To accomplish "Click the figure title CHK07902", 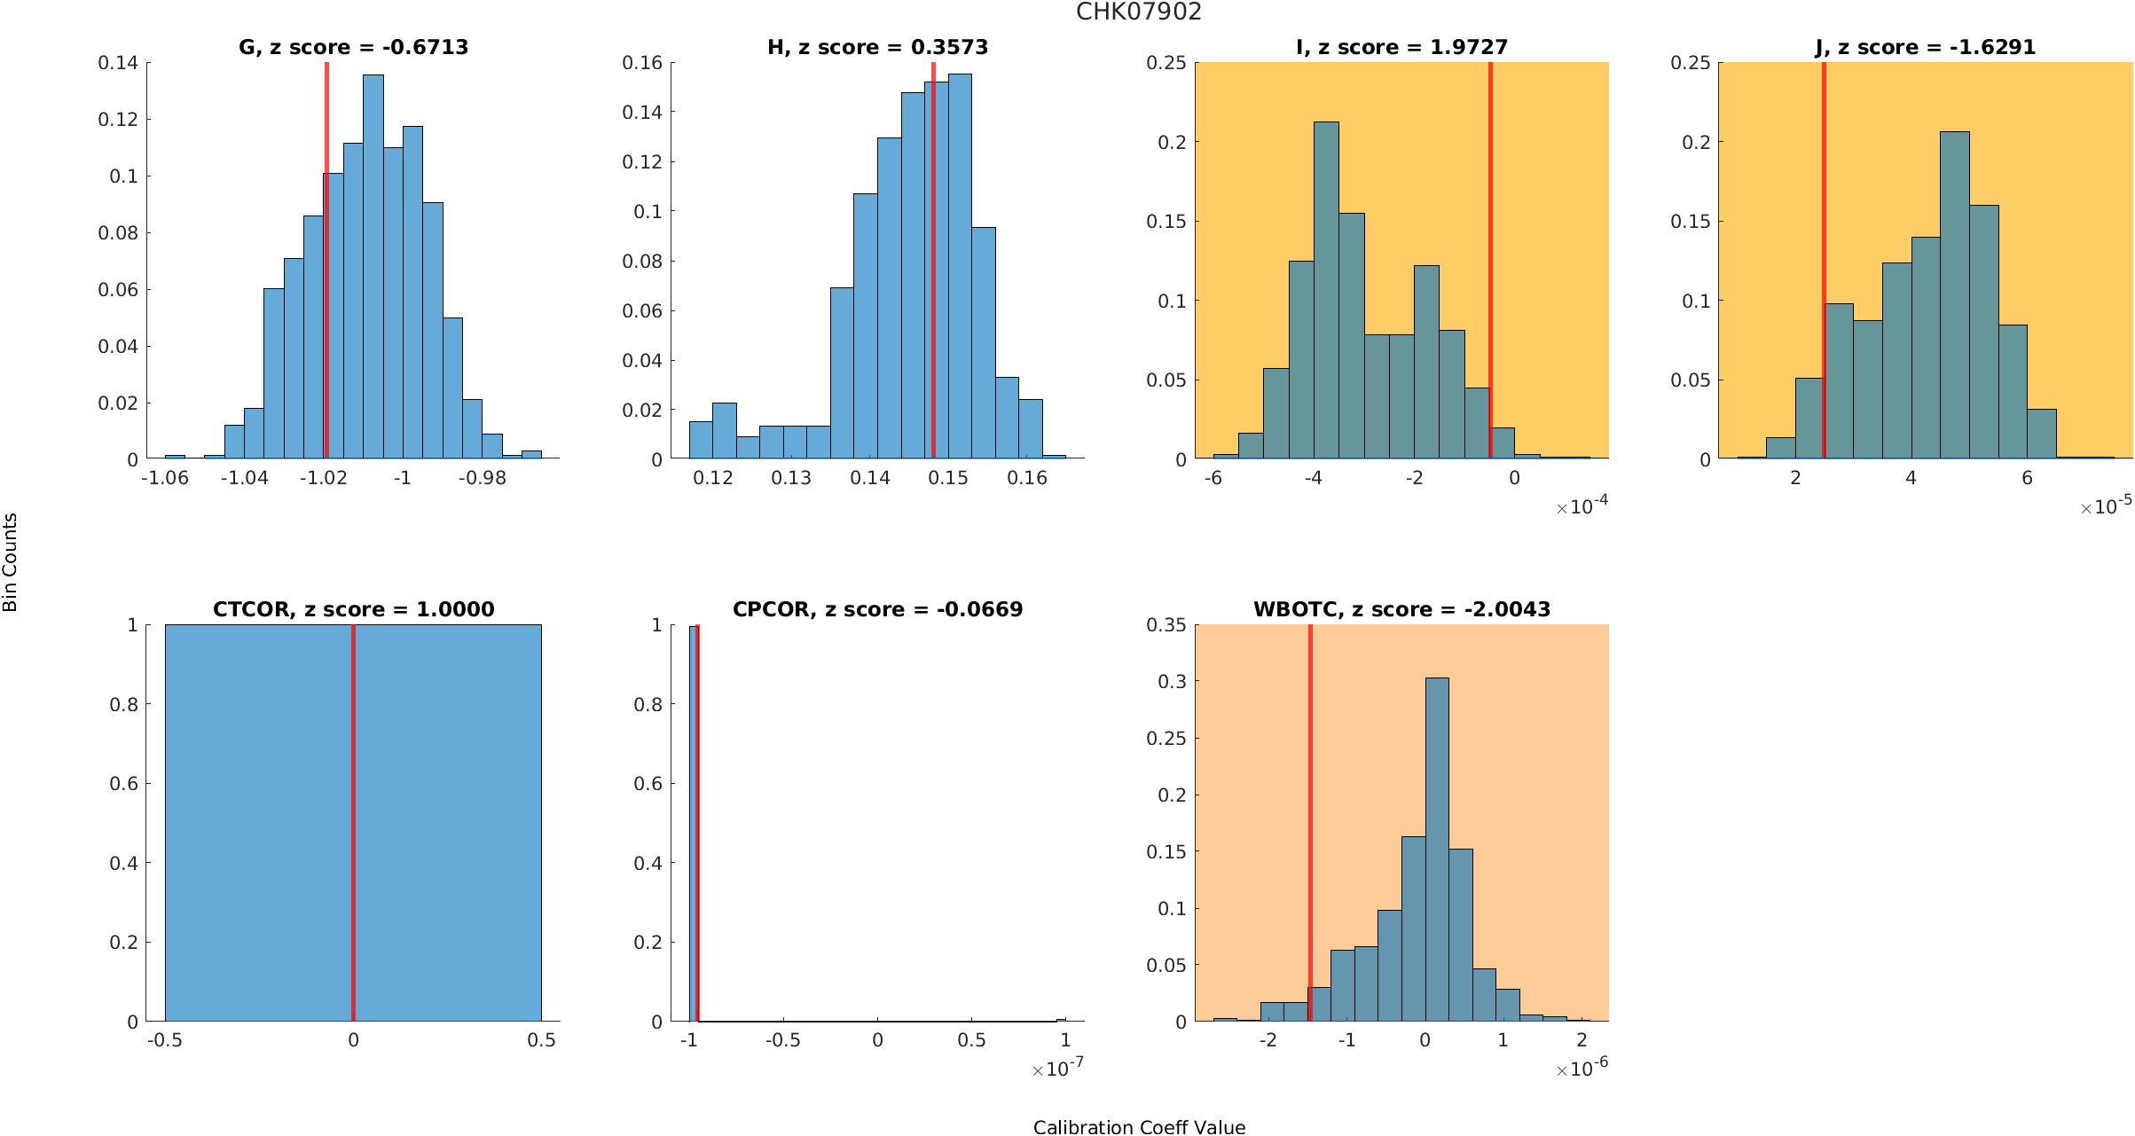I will coord(1139,12).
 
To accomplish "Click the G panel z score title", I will coord(353,47).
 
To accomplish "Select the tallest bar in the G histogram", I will coord(373,266).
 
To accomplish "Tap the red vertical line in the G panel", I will coord(326,266).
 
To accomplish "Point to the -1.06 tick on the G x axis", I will coord(165,478).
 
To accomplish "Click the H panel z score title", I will coord(877,47).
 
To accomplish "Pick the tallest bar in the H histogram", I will coord(960,266).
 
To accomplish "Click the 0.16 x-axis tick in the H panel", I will coord(1027,478).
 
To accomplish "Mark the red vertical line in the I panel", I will coord(1490,266).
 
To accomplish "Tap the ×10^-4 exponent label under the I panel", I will coord(1582,506).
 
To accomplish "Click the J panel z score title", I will coord(1925,47).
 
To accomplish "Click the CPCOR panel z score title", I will coord(877,609).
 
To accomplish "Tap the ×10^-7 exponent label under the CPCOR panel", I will coord(1058,1069).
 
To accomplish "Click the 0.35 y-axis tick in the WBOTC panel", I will coord(1166,625).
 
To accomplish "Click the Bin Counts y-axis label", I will coord(11,562).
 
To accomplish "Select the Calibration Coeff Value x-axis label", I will coord(1139,1127).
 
